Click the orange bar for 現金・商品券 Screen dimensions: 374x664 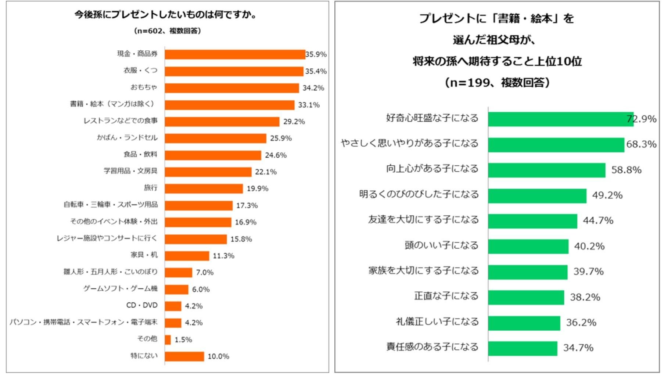click(x=235, y=54)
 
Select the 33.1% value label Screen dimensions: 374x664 click(x=309, y=105)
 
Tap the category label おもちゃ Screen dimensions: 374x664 click(x=144, y=87)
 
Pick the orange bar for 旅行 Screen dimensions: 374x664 click(x=204, y=188)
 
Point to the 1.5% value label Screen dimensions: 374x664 click(x=183, y=339)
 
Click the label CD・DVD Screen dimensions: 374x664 click(x=142, y=305)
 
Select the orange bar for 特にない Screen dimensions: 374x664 click(x=184, y=356)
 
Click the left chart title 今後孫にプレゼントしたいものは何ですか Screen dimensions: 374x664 click(x=165, y=15)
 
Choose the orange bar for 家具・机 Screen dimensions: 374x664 click(x=187, y=256)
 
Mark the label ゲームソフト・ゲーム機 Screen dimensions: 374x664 click(x=120, y=289)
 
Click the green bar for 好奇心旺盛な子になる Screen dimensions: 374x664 click(x=560, y=119)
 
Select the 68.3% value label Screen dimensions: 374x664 click(x=641, y=144)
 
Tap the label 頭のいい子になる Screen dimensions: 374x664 click(x=441, y=245)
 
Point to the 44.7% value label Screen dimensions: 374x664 click(x=598, y=220)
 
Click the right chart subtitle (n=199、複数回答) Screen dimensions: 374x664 click(x=497, y=82)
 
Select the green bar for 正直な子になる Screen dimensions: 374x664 click(x=526, y=297)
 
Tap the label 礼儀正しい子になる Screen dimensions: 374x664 click(x=437, y=322)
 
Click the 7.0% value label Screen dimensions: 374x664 click(x=204, y=273)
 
